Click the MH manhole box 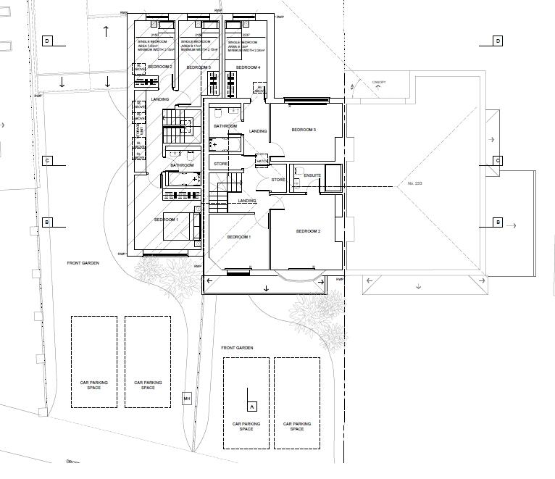[186, 399]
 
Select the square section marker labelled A [252, 407]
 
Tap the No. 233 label [414, 183]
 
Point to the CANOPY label [379, 83]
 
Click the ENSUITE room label [312, 175]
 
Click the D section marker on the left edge [47, 41]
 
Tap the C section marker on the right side [498, 160]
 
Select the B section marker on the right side [498, 222]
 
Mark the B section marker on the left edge [47, 222]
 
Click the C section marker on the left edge [47, 161]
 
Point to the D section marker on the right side [498, 41]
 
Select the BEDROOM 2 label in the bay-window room [308, 231]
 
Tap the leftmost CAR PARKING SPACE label [93, 385]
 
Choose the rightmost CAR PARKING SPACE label [297, 426]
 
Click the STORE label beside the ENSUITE [278, 179]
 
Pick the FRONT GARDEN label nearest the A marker [238, 349]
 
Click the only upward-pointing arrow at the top [107, 31]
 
